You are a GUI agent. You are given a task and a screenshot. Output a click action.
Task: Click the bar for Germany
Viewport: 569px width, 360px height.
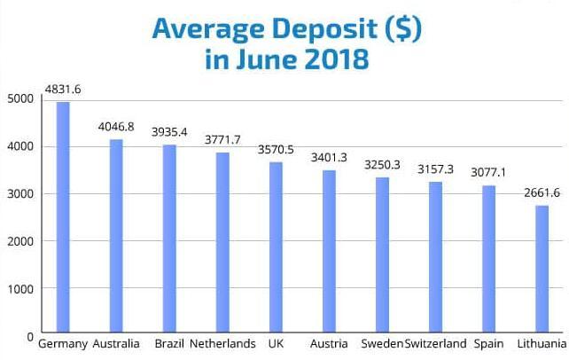[x=63, y=218]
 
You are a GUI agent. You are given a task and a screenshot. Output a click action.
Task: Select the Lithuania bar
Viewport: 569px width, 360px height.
[x=542, y=270]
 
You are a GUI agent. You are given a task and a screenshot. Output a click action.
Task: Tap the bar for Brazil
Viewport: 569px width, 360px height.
[x=169, y=240]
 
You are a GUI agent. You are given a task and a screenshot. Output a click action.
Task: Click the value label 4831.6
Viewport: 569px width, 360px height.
[x=62, y=89]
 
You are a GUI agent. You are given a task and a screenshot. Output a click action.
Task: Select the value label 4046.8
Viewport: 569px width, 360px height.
[x=115, y=127]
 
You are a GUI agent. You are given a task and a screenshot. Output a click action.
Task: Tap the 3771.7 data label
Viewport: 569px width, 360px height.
[x=222, y=139]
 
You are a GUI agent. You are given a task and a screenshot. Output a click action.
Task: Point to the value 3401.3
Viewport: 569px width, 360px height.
[x=329, y=157]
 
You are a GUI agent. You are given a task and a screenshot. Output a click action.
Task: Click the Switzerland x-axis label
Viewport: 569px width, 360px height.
[x=434, y=344]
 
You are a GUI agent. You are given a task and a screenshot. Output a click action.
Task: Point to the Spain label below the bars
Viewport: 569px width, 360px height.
[x=489, y=344]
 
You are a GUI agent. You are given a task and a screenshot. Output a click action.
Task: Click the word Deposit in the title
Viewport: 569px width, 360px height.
[x=301, y=29]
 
